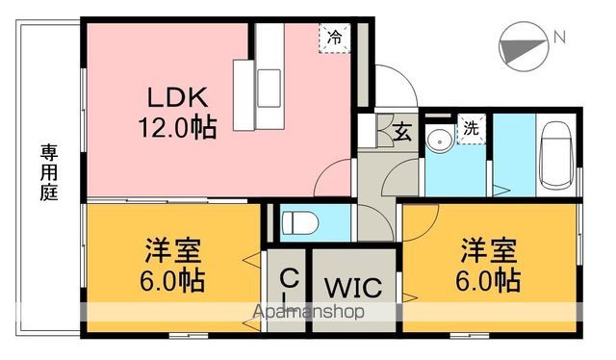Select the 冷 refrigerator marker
[333, 38]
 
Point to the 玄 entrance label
[403, 133]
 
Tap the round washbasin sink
[441, 139]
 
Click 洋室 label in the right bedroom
[489, 249]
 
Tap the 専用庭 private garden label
[48, 172]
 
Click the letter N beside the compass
[557, 38]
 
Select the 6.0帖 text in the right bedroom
[489, 280]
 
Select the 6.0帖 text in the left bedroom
[174, 281]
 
